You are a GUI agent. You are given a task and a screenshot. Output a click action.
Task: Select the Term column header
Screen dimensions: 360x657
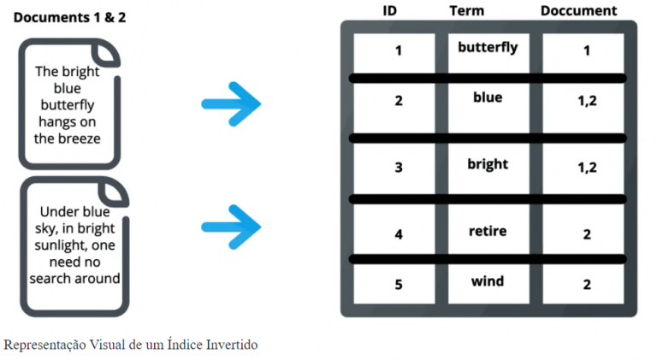466,11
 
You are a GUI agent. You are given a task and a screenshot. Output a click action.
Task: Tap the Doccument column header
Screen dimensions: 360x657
578,11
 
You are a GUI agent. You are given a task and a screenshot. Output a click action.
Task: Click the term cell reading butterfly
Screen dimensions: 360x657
488,48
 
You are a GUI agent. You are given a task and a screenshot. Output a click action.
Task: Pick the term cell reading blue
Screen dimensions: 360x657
488,97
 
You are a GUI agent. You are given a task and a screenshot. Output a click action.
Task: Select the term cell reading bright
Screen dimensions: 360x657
488,164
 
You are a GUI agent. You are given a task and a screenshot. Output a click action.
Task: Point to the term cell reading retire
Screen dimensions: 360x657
488,231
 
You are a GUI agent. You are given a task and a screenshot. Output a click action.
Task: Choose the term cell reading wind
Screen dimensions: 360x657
488,281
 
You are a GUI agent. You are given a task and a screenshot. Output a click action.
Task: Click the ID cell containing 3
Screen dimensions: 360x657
399,168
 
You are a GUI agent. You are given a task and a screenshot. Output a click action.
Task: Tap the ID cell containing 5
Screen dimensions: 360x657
399,285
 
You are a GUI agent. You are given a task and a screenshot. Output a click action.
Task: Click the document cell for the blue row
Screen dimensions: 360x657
587,101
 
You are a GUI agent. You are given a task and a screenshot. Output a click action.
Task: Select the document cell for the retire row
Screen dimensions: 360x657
587,234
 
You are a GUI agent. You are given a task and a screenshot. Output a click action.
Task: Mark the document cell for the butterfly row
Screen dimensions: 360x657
587,51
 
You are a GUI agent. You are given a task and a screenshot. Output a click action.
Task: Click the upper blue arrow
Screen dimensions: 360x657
231,103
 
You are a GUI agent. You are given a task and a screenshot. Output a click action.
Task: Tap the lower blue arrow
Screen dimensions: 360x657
231,226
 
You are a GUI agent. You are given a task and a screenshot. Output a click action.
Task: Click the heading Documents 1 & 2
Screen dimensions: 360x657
69,17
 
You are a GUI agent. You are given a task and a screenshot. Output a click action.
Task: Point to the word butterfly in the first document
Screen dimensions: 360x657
68,105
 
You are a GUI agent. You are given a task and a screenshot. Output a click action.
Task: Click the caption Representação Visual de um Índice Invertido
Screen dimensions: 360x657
130,345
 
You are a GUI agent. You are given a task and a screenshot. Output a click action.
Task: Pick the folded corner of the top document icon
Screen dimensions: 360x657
106,53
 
